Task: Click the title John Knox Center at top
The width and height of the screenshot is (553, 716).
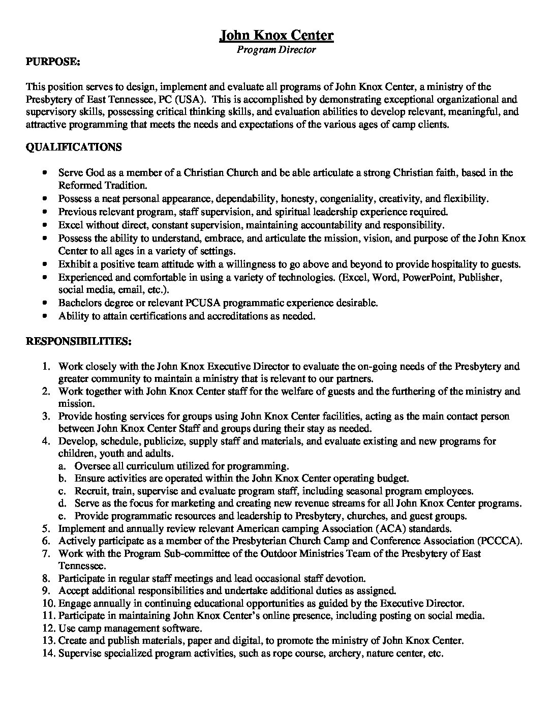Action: pos(276,35)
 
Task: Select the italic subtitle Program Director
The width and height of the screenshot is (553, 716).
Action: pos(276,50)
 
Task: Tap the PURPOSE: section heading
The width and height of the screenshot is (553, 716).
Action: pos(52,62)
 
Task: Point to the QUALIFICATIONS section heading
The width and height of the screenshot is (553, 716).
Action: pos(74,147)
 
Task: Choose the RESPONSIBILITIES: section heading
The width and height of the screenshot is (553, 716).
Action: pos(79,342)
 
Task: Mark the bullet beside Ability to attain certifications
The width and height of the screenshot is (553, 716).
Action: pos(46,316)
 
